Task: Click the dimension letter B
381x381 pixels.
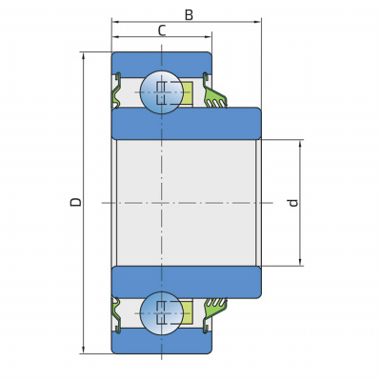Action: (x=189, y=14)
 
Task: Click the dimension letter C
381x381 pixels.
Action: (x=162, y=30)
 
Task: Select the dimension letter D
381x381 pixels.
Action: (x=75, y=202)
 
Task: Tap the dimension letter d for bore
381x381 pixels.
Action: (x=293, y=203)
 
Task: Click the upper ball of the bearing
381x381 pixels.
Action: (x=162, y=92)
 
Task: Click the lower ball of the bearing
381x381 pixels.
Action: (x=162, y=313)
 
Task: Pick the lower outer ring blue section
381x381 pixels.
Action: (x=162, y=342)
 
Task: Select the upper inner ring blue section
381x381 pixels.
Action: (x=187, y=124)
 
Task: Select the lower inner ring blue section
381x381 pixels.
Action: (x=187, y=282)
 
